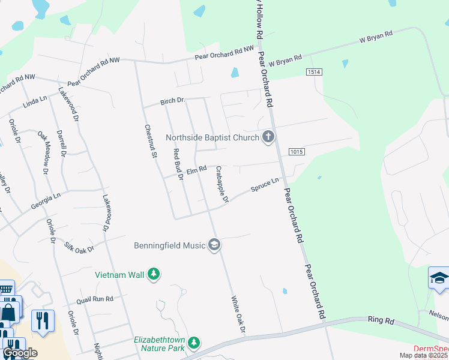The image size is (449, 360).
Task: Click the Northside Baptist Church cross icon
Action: click(x=268, y=137)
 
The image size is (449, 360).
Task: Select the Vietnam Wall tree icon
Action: click(x=154, y=275)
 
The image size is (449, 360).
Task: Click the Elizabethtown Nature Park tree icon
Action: click(x=193, y=343)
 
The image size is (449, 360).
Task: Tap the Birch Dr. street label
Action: click(x=173, y=102)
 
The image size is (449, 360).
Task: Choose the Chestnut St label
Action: click(x=148, y=141)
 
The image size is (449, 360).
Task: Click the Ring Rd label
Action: click(x=381, y=322)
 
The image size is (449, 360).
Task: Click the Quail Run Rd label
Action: click(x=95, y=299)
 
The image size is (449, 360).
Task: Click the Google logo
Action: click(x=20, y=353)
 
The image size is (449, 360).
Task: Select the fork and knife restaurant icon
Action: click(x=42, y=320)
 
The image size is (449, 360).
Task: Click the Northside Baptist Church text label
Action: click(x=212, y=137)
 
